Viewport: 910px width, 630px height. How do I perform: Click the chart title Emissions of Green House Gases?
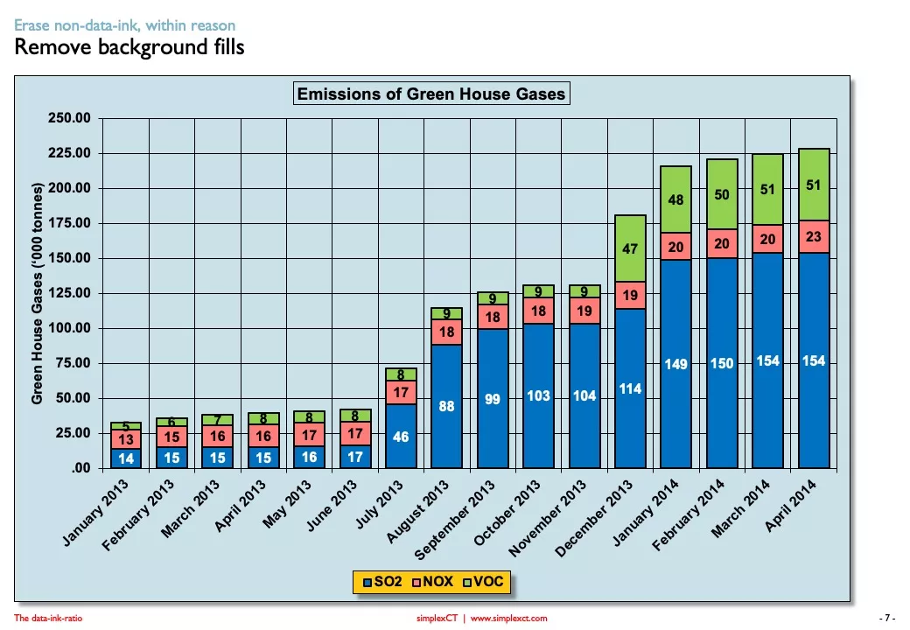pos(431,94)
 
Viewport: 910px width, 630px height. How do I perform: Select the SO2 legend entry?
pos(381,581)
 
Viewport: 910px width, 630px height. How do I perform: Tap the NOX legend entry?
pos(432,581)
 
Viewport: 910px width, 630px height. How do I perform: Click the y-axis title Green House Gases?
pos(37,294)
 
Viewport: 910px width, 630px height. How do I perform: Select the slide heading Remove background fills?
pos(129,47)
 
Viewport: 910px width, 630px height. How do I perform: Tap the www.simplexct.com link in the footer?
pos(508,618)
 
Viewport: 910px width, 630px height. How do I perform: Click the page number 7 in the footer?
pos(887,618)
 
